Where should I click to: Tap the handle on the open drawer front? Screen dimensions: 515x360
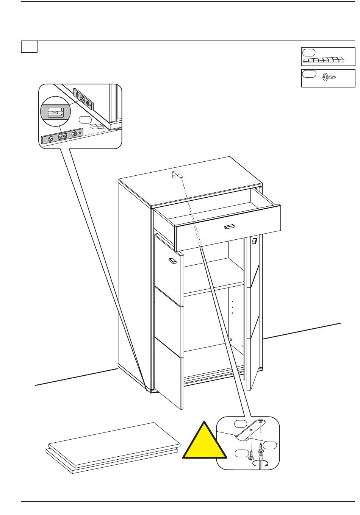click(229, 227)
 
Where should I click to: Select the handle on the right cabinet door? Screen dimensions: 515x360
click(254, 241)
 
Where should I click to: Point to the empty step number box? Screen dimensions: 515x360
click(29, 47)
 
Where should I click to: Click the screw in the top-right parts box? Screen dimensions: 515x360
click(329, 77)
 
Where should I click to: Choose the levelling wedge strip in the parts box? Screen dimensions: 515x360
click(324, 60)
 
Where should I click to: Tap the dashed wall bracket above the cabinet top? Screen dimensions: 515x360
click(177, 175)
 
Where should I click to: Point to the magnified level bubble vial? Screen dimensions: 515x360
click(53, 112)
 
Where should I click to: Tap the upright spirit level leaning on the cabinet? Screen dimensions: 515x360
click(84, 99)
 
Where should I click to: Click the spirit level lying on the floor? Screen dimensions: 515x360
click(63, 136)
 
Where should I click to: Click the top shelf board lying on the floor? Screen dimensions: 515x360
click(114, 443)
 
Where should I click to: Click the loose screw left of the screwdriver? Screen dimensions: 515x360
click(251, 454)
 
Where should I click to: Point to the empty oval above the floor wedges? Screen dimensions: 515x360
click(85, 120)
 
